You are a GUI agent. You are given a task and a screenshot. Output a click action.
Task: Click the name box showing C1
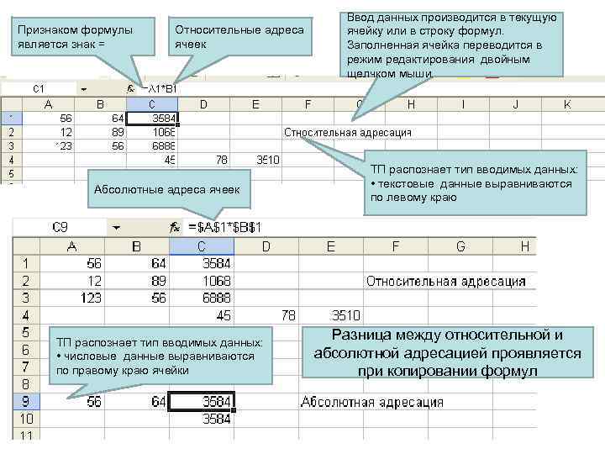[x=39, y=88]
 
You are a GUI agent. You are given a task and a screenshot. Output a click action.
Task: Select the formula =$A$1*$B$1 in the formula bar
[x=226, y=227]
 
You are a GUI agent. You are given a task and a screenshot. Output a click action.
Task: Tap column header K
[x=567, y=104]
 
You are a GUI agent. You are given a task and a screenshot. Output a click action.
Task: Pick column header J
[x=515, y=104]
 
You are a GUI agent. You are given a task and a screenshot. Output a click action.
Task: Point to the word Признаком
[x=47, y=30]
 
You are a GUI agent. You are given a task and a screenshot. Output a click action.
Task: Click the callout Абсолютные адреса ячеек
[x=166, y=189]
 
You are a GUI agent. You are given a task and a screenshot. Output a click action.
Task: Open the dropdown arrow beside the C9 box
[x=116, y=227]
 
